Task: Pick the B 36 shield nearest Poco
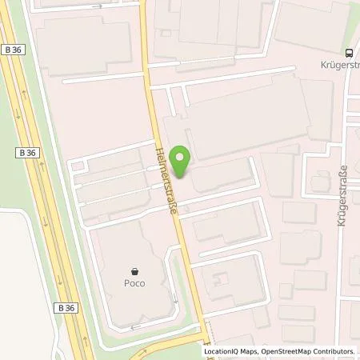pyautogui.click(x=66, y=285)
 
